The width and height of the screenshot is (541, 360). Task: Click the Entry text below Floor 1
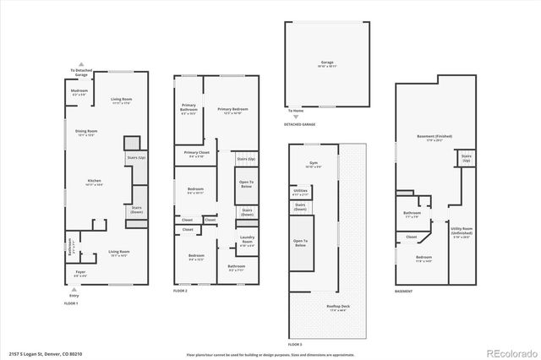(74, 297)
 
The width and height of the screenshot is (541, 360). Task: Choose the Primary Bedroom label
(232, 110)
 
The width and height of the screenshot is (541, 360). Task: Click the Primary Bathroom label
(189, 109)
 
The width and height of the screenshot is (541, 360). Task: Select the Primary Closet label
(197, 153)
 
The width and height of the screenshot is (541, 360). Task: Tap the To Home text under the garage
(296, 111)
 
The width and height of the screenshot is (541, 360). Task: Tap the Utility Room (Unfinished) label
(462, 230)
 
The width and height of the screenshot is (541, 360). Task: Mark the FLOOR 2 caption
(180, 290)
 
